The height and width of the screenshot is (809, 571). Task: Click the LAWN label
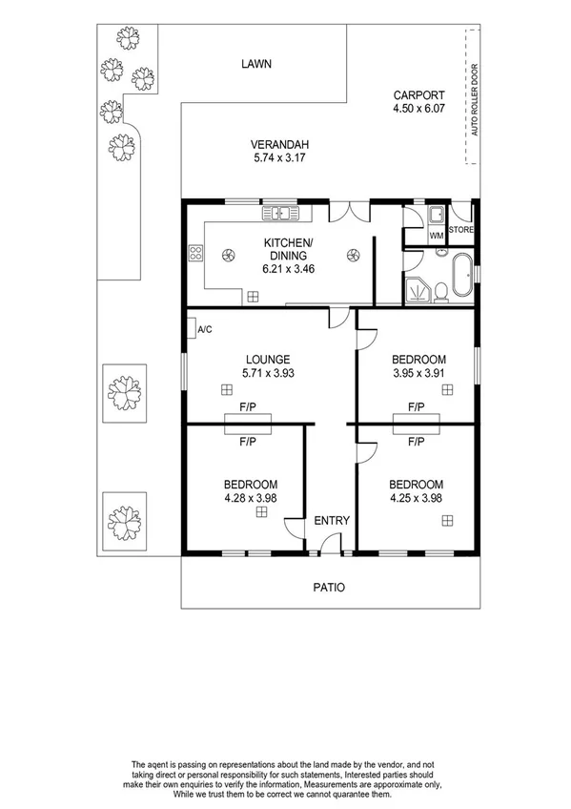point(256,64)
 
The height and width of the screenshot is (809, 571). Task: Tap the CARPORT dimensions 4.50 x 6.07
point(418,110)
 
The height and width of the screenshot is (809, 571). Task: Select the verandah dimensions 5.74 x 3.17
point(267,159)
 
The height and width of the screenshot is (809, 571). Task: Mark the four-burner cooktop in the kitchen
point(197,253)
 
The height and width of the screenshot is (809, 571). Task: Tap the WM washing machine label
point(436,235)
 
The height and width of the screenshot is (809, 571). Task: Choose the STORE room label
point(461,230)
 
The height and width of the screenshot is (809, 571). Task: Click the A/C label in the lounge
point(204,330)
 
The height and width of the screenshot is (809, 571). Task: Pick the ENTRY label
point(332,520)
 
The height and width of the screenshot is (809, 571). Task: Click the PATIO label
point(328,587)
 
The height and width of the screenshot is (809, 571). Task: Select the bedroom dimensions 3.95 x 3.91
point(418,373)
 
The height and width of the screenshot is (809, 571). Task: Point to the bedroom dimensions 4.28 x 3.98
point(251,497)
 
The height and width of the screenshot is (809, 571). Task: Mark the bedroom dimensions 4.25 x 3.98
point(417,497)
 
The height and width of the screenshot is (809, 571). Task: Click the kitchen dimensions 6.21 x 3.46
point(289,269)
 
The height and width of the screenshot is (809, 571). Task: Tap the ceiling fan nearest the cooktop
point(229,255)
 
